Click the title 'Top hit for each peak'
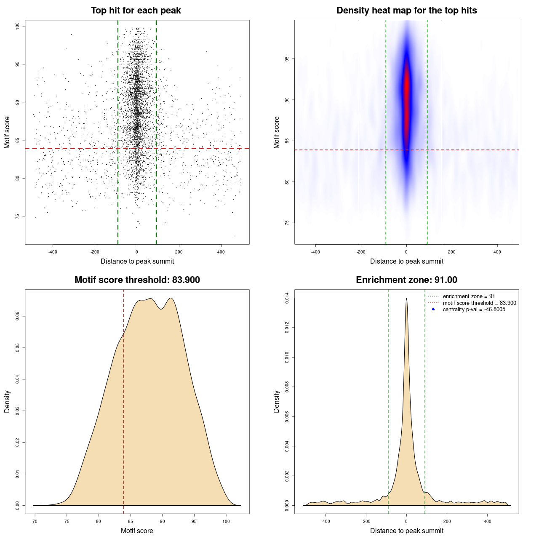(x=136, y=11)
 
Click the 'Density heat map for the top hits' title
(x=406, y=11)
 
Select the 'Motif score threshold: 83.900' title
(x=137, y=280)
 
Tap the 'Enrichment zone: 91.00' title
(x=406, y=280)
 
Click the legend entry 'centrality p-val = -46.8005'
(x=474, y=310)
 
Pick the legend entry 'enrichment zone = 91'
(x=469, y=296)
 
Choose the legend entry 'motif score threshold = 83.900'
(x=479, y=303)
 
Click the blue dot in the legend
(x=433, y=310)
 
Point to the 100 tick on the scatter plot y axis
(x=18, y=26)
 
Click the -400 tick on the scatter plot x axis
(x=53, y=252)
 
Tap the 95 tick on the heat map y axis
(x=287, y=59)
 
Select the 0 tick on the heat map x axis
(x=406, y=252)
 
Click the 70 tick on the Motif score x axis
(x=35, y=521)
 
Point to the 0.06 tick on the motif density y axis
(x=18, y=316)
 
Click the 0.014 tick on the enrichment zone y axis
(x=287, y=298)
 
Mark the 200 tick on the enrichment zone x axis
(x=447, y=521)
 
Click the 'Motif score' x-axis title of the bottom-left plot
(x=137, y=531)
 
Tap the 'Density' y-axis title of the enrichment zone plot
(x=277, y=401)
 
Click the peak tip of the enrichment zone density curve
(x=406, y=298)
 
